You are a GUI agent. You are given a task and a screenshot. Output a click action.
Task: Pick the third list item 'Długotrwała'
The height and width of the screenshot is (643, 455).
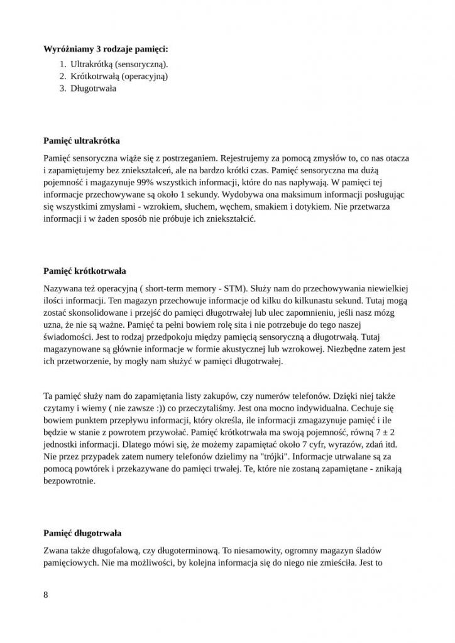(x=93, y=89)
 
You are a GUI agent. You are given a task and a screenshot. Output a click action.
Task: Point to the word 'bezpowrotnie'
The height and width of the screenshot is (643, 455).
(x=69, y=481)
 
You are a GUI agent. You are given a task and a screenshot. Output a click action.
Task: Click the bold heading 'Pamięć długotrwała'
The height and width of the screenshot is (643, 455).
(x=82, y=533)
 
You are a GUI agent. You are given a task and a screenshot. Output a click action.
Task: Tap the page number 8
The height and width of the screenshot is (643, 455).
(x=47, y=595)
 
